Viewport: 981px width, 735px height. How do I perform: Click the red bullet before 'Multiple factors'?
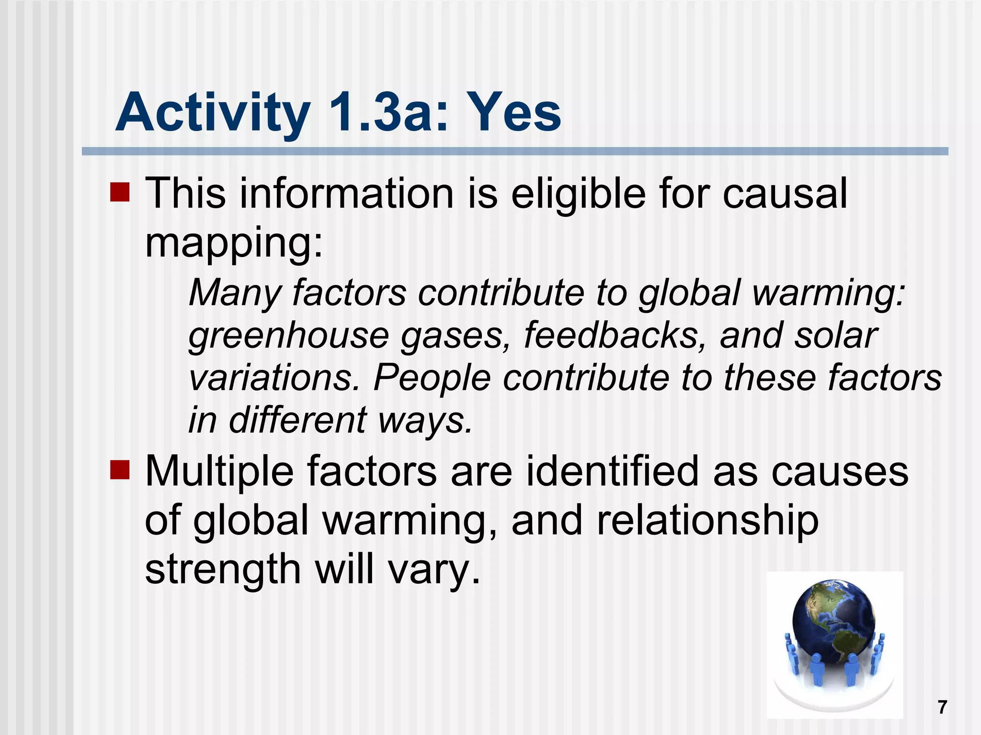pyautogui.click(x=120, y=470)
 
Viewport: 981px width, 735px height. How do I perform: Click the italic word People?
pyautogui.click(x=432, y=378)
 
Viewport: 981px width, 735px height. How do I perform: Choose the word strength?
pyautogui.click(x=223, y=569)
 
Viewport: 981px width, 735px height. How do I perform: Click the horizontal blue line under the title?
pyautogui.click(x=514, y=151)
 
